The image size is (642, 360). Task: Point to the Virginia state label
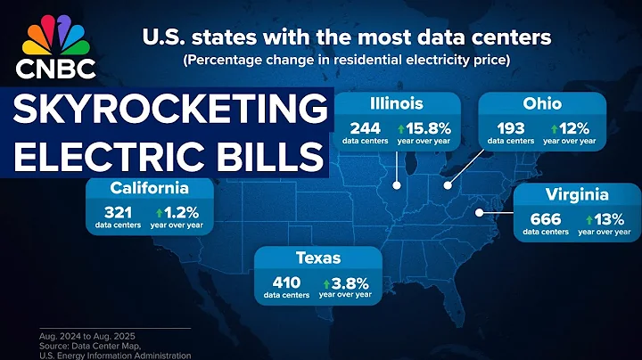click(578, 194)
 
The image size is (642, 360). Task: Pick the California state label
click(149, 188)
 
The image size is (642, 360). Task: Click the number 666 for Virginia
click(545, 218)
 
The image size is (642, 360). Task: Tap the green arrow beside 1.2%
click(160, 213)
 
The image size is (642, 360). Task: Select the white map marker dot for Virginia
click(480, 212)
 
